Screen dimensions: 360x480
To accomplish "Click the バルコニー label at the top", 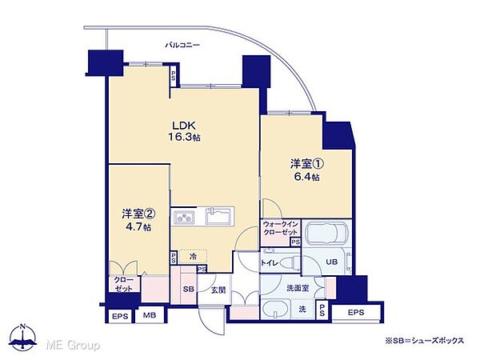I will point(182,45).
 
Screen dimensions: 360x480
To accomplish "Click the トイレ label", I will point(270,262).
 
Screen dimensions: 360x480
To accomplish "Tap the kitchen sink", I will point(218,216).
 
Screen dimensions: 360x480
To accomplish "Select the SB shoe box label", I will point(188,289).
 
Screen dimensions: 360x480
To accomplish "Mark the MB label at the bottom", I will point(149,315).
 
